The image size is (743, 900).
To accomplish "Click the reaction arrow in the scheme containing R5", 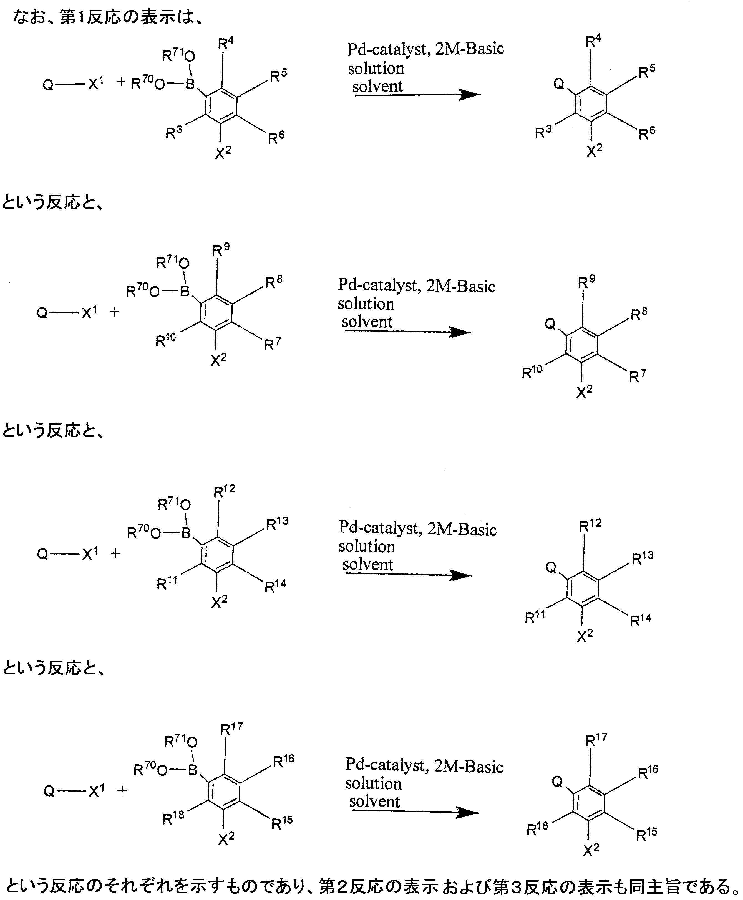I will [x=417, y=95].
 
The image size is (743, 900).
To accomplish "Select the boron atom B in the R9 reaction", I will [x=185, y=292].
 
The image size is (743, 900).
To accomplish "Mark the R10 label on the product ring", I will [x=532, y=372].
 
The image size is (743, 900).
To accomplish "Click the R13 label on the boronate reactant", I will [x=277, y=524].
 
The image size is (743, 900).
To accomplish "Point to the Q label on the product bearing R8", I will [x=550, y=324].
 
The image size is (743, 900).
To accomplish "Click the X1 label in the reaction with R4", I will [x=96, y=84].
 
